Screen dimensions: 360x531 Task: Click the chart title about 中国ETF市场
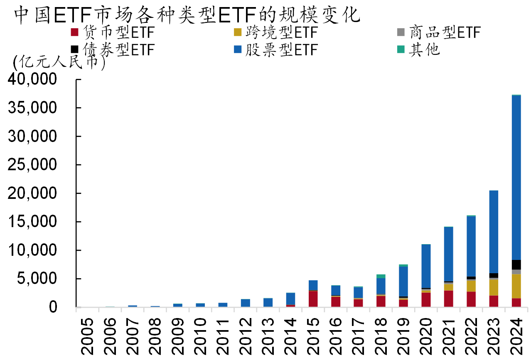187,15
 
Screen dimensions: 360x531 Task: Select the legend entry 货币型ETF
112,32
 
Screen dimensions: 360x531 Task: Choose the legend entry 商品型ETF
438,32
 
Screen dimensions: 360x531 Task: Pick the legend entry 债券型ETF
112,50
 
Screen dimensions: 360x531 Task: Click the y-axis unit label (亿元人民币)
59,63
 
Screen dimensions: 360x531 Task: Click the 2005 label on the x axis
88,336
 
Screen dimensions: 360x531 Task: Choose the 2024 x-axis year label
516,336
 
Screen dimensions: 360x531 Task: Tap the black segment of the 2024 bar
516,264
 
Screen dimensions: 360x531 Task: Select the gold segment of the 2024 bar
516,286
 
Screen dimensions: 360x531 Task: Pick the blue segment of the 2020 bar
426,266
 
